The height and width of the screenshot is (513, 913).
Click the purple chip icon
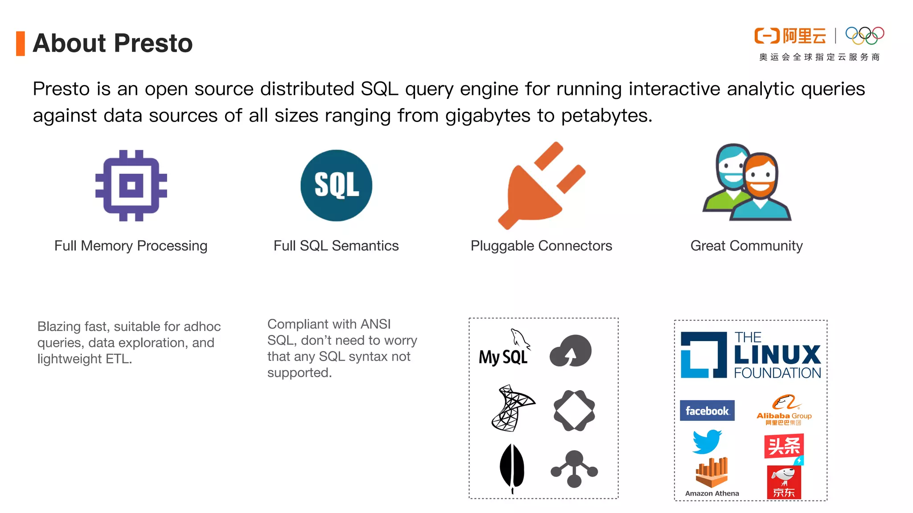[x=131, y=185]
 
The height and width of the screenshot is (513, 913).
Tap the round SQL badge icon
[x=336, y=185]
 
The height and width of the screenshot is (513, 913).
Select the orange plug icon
[x=541, y=186]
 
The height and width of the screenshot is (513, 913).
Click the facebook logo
[x=707, y=411]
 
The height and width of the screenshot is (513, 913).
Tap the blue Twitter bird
[x=707, y=441]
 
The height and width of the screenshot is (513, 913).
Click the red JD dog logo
[x=784, y=482]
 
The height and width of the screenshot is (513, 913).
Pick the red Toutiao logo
[x=784, y=446]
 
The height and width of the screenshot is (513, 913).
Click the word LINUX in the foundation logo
[x=777, y=355]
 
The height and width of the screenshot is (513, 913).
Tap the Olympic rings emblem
[x=864, y=36]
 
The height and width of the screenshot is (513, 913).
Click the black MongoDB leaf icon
[x=512, y=467]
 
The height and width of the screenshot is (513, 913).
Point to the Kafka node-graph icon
[x=574, y=469]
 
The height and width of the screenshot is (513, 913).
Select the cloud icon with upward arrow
[x=571, y=351]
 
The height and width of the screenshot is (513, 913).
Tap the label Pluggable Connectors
[x=541, y=246]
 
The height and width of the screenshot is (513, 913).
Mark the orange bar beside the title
[x=21, y=44]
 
